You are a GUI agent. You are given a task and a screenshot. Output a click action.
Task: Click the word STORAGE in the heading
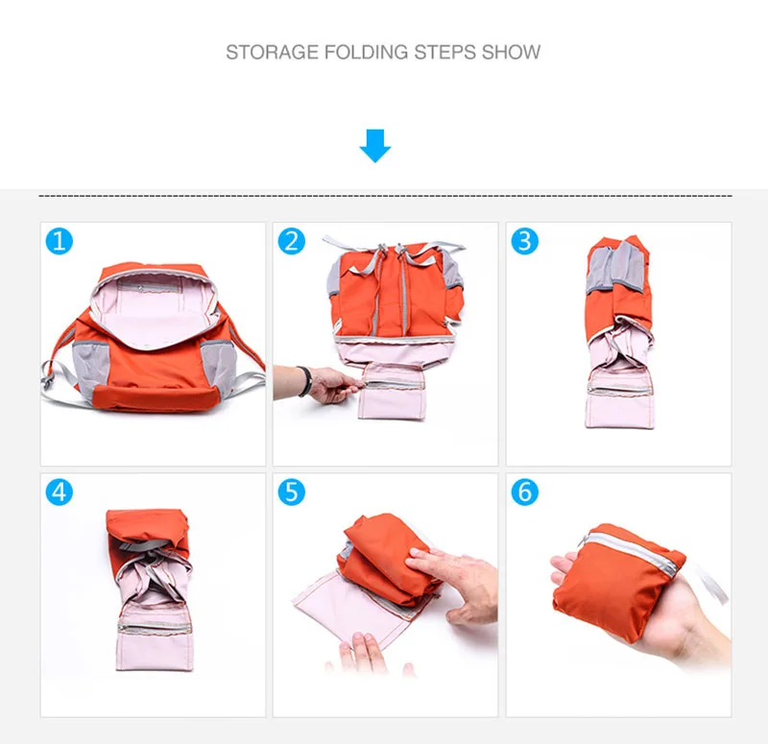pyautogui.click(x=272, y=52)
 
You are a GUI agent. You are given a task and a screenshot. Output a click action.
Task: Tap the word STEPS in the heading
pyautogui.click(x=444, y=52)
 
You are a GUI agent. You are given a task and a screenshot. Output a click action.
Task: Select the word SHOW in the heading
pyautogui.click(x=511, y=52)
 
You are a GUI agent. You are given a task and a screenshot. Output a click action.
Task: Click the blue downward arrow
pyautogui.click(x=375, y=146)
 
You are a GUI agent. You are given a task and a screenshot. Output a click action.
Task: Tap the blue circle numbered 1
pyautogui.click(x=60, y=242)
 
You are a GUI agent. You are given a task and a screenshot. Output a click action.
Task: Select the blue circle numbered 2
pyautogui.click(x=292, y=242)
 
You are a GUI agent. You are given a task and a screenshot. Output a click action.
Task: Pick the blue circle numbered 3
pyautogui.click(x=524, y=242)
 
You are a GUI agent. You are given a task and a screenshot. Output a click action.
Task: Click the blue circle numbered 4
pyautogui.click(x=60, y=492)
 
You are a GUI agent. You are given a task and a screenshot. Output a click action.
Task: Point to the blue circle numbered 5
pyautogui.click(x=292, y=492)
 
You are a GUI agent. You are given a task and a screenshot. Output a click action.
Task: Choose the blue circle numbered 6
pyautogui.click(x=524, y=492)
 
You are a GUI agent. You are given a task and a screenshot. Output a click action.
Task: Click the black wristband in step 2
pyautogui.click(x=304, y=381)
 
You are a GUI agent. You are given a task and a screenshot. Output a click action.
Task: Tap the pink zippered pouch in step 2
pyautogui.click(x=392, y=391)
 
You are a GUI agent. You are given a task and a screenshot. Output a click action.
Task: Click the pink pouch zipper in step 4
pyautogui.click(x=155, y=628)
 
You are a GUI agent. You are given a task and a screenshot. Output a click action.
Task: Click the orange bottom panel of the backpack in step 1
pyautogui.click(x=155, y=396)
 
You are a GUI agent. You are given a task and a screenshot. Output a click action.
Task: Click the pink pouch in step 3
pyautogui.click(x=619, y=396)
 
